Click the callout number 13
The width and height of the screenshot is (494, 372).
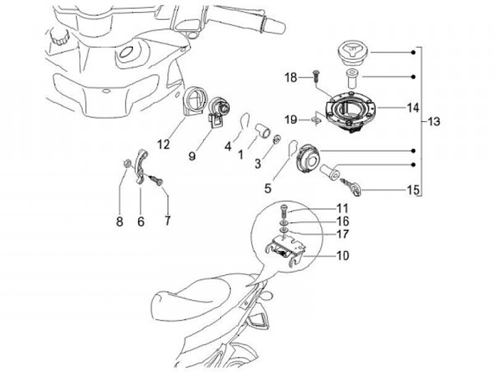(434, 122)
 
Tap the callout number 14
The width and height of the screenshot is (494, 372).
(412, 107)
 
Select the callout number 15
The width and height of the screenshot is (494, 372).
(412, 190)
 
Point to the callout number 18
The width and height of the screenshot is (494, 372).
(291, 78)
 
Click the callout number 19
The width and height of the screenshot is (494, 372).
(291, 120)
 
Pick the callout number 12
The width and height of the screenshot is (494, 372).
(163, 144)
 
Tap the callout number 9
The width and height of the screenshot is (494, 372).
(193, 156)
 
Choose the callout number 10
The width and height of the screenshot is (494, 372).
(342, 256)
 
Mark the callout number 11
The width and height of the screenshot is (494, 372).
(342, 208)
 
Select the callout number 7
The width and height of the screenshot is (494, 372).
(167, 221)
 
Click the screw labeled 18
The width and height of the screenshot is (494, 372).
(315, 75)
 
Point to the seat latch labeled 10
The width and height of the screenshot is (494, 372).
(286, 250)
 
